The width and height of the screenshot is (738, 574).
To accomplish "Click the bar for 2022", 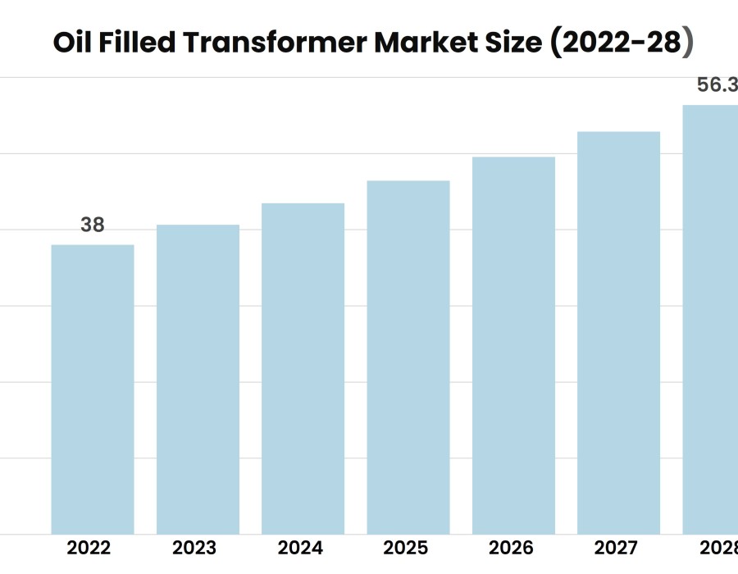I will (93, 389).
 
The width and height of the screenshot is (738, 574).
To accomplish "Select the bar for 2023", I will (198, 380).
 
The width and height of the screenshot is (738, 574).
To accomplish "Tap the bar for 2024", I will (303, 369).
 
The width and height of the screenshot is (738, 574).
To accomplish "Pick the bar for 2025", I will (408, 358).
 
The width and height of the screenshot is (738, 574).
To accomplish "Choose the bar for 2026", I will (513, 345).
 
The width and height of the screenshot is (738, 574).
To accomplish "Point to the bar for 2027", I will (618, 333).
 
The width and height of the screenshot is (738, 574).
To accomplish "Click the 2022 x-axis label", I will (89, 548).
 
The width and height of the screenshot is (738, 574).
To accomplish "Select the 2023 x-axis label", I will (194, 548).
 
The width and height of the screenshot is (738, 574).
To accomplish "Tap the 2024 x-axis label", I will (300, 548).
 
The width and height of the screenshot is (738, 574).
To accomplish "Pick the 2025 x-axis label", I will (405, 548).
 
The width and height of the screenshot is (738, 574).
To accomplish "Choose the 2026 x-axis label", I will (511, 548).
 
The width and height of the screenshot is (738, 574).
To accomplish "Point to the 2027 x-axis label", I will (616, 548).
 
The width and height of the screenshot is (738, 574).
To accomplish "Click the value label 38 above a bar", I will (93, 225).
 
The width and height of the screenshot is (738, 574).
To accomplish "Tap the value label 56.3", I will (716, 85).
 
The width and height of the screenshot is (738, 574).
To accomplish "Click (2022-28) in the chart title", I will (620, 43).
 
